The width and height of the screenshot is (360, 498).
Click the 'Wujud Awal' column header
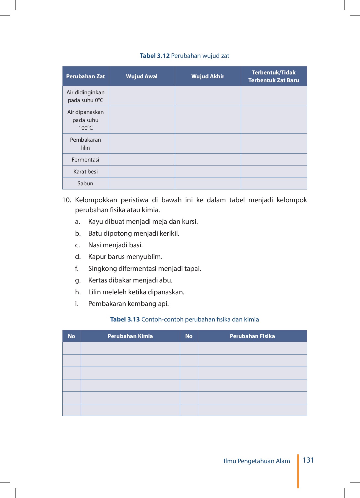pos(142,76)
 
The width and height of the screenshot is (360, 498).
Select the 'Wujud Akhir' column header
pos(208,76)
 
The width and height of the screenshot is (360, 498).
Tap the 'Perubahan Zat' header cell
pos(85,76)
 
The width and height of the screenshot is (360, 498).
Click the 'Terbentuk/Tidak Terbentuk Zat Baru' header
pos(274,76)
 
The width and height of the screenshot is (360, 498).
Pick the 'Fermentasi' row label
pos(85,160)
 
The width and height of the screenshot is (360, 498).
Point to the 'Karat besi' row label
pos(85,172)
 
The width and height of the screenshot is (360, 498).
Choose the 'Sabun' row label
pos(85,183)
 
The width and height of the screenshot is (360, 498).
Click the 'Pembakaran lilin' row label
pos(85,144)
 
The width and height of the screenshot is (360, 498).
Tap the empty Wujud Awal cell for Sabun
pos(142,183)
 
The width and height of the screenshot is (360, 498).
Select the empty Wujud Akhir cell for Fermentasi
pos(208,160)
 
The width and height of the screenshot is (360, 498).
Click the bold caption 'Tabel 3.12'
pos(155,56)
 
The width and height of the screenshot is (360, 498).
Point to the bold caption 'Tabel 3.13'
pos(125,320)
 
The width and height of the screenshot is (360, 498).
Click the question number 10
pos(66,200)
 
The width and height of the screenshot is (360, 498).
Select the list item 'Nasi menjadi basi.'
pos(115,245)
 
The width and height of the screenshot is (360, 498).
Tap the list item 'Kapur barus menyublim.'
pos(125,257)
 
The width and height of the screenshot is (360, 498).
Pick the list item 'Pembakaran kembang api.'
pos(128,304)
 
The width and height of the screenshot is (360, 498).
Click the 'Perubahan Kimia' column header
pos(130,336)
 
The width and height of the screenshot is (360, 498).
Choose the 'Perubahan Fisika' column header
pos(252,336)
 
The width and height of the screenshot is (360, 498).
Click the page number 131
pos(308,460)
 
